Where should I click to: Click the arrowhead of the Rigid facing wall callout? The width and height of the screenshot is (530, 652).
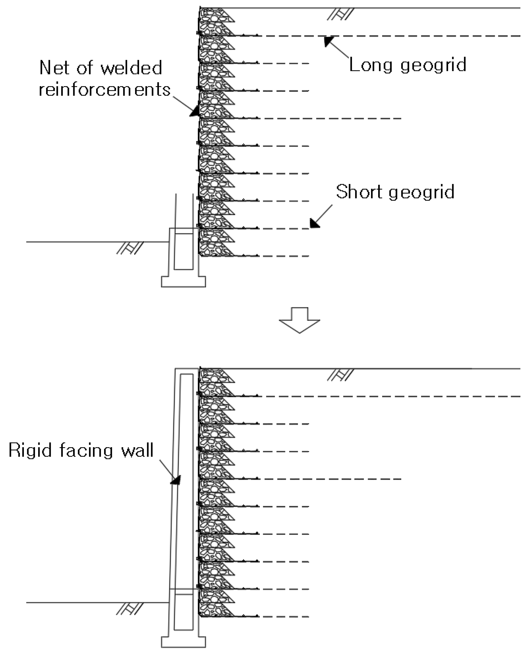(x=176, y=480)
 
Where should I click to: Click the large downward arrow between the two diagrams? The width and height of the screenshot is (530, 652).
(x=299, y=320)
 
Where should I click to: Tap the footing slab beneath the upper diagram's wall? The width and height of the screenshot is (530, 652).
(x=183, y=281)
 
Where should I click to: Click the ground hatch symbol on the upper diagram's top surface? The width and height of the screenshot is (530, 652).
(x=340, y=14)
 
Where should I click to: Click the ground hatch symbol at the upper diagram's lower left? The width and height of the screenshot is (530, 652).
(x=130, y=248)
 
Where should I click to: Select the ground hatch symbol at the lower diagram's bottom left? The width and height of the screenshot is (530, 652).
(x=130, y=609)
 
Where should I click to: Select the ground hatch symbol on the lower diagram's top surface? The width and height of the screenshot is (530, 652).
(x=340, y=375)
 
